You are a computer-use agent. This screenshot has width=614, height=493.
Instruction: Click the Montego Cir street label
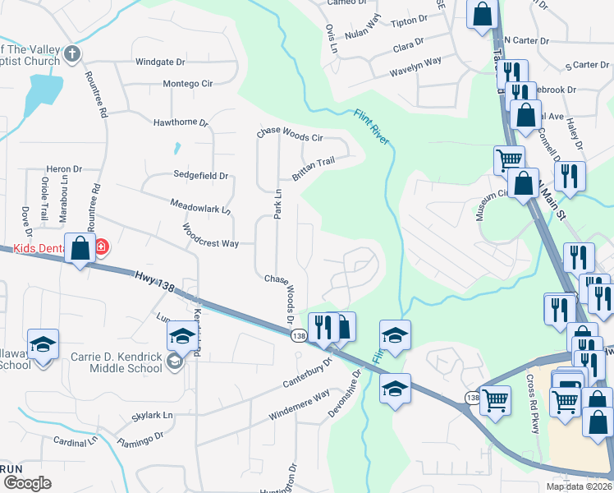click(x=187, y=84)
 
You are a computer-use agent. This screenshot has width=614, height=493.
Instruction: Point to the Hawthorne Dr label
click(x=181, y=122)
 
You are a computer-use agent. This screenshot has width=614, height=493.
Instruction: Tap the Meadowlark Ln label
click(x=200, y=205)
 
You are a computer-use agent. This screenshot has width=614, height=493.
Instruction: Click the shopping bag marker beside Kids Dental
click(x=80, y=248)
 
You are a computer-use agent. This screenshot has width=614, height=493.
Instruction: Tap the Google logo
click(x=27, y=483)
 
